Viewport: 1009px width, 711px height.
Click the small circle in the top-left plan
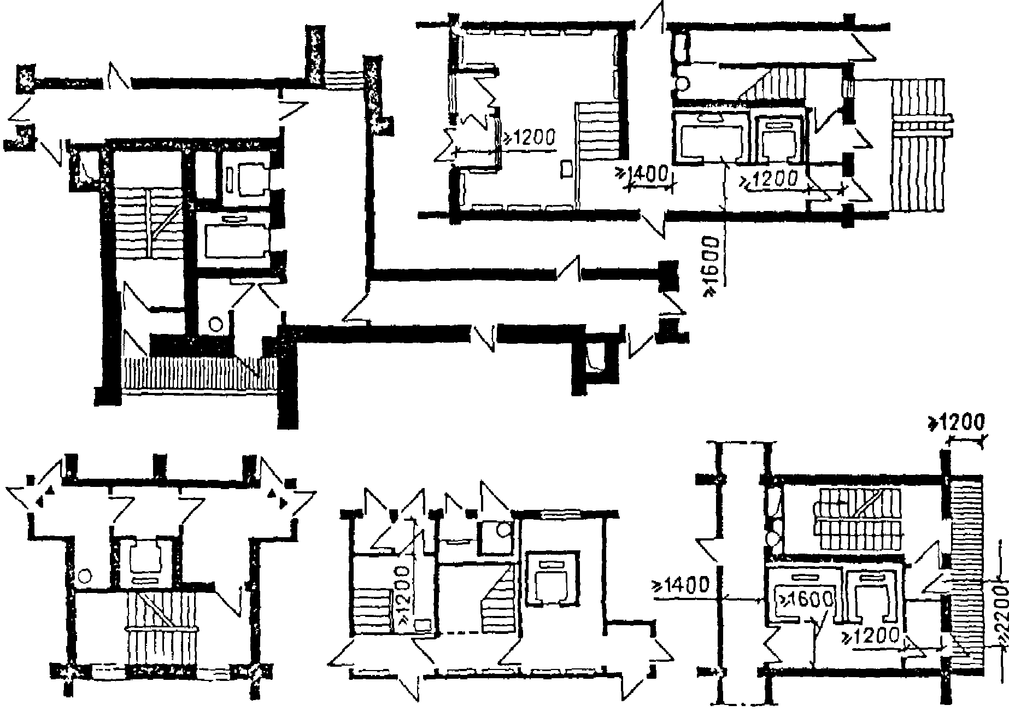point(215,324)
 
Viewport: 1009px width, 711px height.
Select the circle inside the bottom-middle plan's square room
point(503,529)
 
